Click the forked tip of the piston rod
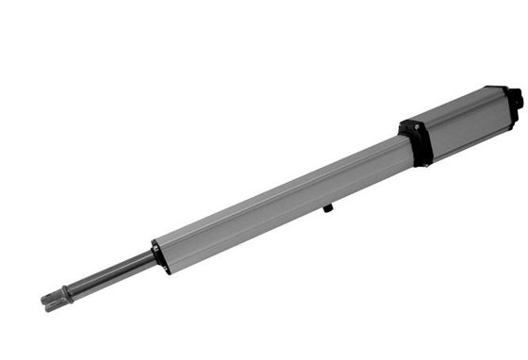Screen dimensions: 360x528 click(52, 301)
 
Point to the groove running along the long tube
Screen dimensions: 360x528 click(283, 184)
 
